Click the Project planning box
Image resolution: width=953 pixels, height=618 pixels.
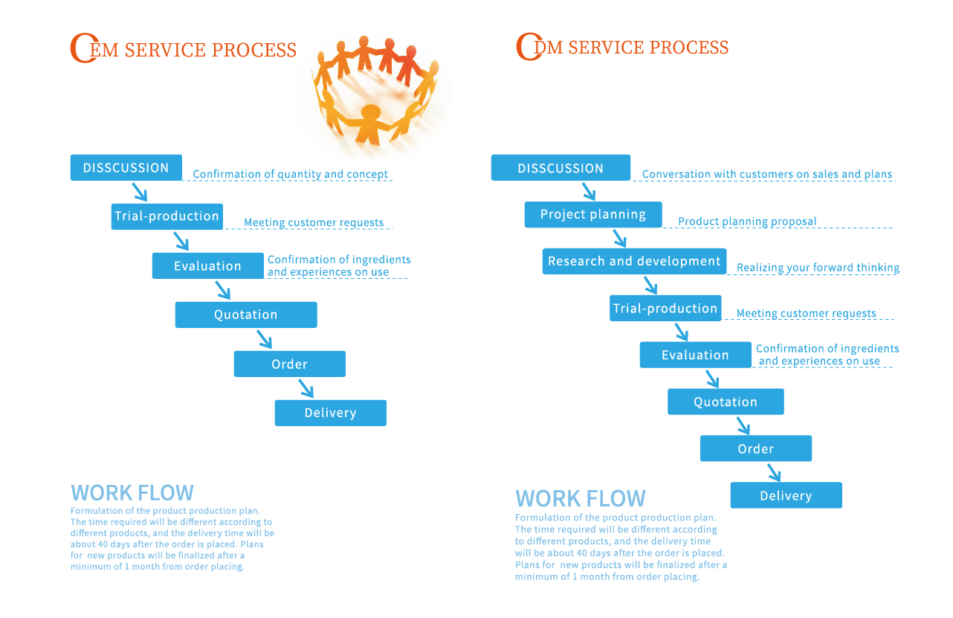[x=593, y=215]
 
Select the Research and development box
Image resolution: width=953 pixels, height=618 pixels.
[x=634, y=262]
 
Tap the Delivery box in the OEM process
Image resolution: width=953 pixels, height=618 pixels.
[x=330, y=413]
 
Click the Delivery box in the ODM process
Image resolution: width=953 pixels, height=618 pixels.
[x=786, y=496]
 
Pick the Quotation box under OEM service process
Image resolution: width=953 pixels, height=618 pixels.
[x=246, y=315]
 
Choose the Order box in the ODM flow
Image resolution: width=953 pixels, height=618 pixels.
[x=755, y=449]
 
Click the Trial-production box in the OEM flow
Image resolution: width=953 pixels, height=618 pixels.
[x=167, y=216]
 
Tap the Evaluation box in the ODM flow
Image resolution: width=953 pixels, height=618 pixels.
[x=695, y=355]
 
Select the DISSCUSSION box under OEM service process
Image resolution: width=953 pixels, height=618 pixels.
[x=126, y=168]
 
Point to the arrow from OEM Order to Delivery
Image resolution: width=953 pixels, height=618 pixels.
[x=306, y=388]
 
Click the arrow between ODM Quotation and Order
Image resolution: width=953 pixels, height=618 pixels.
[x=743, y=426]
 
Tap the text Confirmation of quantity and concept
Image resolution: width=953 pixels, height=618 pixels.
[x=290, y=175]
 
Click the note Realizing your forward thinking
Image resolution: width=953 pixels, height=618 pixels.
[x=818, y=268]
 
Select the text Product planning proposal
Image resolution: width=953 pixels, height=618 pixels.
[x=747, y=222]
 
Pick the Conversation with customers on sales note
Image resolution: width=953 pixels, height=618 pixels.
[x=766, y=175]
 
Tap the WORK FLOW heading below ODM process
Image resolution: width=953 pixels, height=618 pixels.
[x=580, y=498]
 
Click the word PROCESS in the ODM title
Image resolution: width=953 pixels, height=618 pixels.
[x=689, y=48]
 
